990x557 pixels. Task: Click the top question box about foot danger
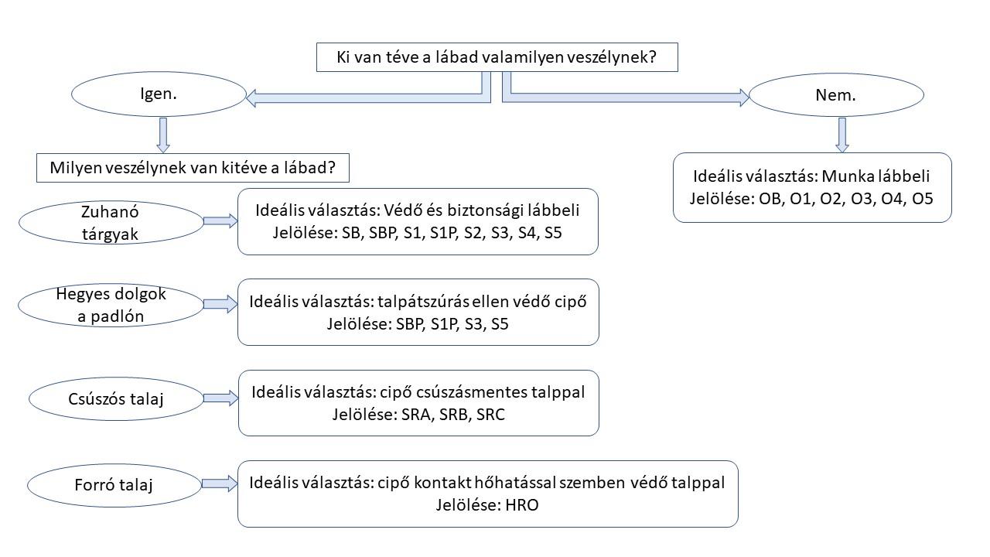(497, 57)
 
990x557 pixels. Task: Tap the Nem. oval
(836, 95)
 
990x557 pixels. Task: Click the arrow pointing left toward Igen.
(364, 97)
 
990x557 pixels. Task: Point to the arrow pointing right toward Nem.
(626, 97)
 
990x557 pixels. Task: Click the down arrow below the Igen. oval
(162, 135)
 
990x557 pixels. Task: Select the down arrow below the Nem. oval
(842, 135)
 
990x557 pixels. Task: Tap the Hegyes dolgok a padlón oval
(111, 305)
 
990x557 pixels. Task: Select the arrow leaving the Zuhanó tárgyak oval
(220, 221)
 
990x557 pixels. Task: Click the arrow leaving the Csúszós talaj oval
(220, 398)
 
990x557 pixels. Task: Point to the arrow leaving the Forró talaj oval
(220, 484)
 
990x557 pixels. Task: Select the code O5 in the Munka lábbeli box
(922, 199)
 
